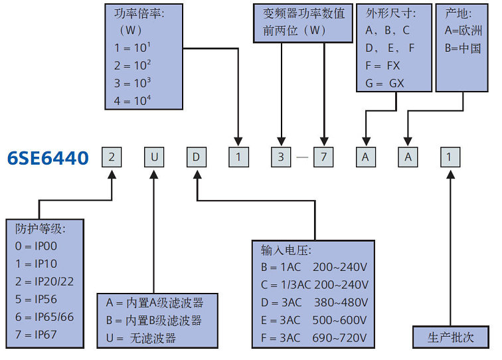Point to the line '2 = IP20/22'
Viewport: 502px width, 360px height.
click(44, 281)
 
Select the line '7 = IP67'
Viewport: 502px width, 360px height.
click(37, 334)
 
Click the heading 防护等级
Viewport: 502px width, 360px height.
click(41, 228)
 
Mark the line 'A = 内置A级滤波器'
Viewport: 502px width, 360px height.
click(154, 303)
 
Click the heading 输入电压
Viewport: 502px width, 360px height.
click(286, 250)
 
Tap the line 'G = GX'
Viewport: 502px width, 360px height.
click(384, 84)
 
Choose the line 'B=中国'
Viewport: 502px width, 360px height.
click(462, 48)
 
